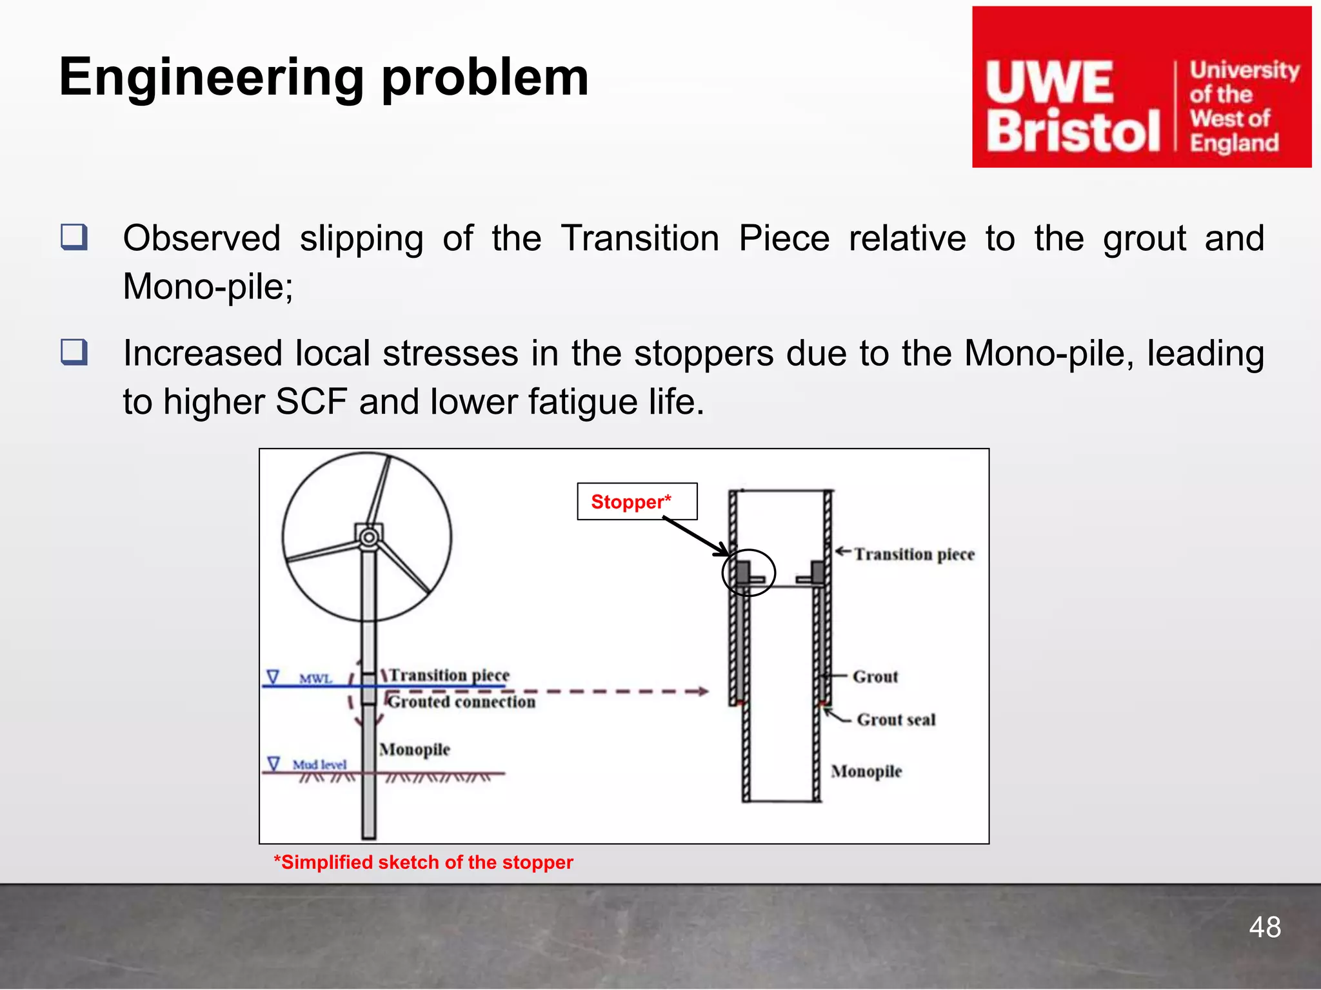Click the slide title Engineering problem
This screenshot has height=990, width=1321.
[x=324, y=77]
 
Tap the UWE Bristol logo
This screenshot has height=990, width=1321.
[x=1141, y=88]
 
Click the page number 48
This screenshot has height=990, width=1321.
[x=1264, y=927]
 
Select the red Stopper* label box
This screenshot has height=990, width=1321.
[x=637, y=501]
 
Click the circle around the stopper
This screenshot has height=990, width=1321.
[x=748, y=572]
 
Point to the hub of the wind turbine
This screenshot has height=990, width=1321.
[x=368, y=537]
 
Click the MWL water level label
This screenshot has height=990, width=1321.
[x=315, y=679]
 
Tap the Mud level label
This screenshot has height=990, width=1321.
[x=319, y=764]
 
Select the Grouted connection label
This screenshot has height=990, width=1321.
[x=462, y=701]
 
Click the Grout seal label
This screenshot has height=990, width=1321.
[x=896, y=719]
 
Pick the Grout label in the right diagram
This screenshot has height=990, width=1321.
[x=875, y=676]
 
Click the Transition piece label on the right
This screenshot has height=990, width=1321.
[x=914, y=554]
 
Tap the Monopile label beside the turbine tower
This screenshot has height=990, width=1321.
[x=415, y=749]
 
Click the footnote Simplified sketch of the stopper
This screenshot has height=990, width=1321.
[x=423, y=862]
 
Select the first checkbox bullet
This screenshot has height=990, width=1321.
[x=74, y=237]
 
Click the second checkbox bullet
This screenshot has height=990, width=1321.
[x=74, y=353]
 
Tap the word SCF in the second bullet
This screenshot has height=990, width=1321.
[x=312, y=402]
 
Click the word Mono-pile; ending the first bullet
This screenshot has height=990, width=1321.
[x=208, y=286]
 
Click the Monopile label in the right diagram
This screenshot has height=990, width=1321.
[x=866, y=771]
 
